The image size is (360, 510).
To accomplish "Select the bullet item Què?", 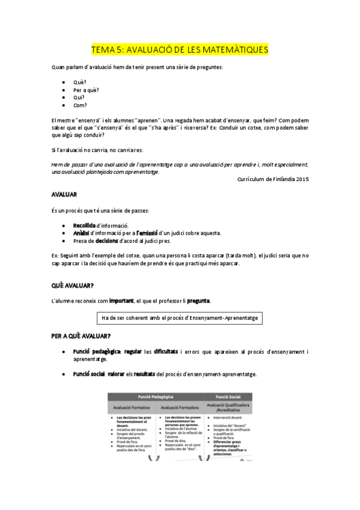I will tap(79, 82).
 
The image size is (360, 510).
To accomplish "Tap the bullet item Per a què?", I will tap(86, 90).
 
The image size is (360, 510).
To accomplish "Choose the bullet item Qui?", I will tap(79, 97).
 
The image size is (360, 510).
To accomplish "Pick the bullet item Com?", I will tap(80, 105).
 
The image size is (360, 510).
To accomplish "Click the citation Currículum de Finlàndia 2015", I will tap(273, 179).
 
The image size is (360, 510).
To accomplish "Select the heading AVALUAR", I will tap(63, 195).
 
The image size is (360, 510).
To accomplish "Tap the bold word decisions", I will tap(106, 241).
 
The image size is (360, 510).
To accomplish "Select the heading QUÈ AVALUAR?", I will tap(75, 285).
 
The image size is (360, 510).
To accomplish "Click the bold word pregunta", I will tap(198, 300).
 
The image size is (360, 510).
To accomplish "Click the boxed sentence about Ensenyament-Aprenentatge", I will tap(180, 317).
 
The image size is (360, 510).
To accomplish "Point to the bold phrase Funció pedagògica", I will tap(96, 351).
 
